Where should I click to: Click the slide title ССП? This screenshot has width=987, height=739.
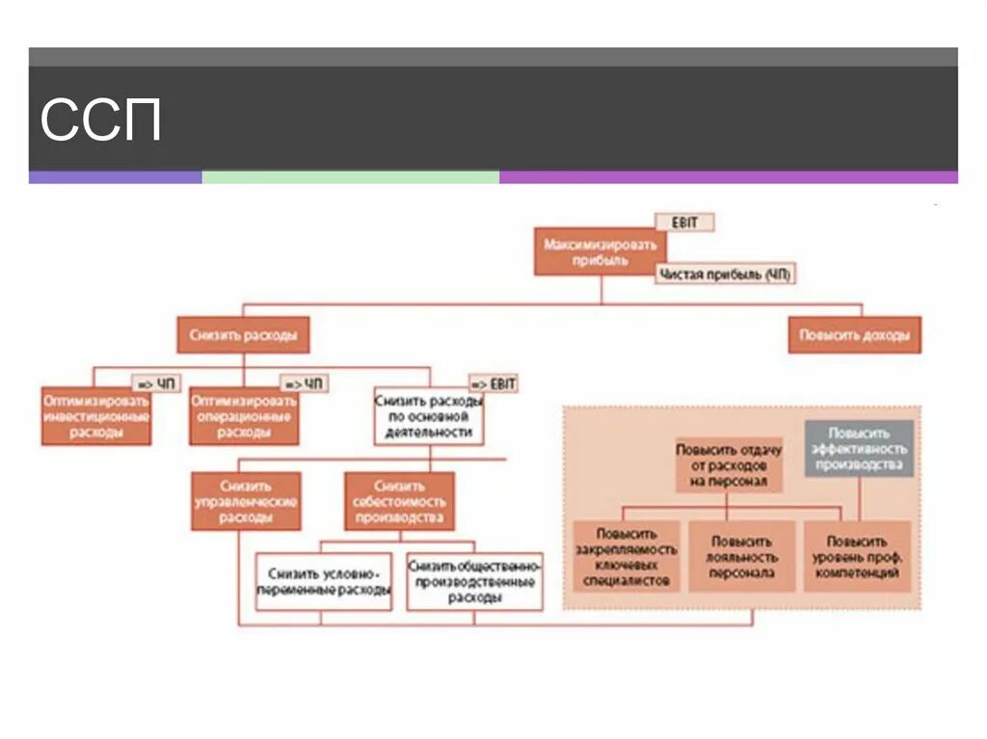100,120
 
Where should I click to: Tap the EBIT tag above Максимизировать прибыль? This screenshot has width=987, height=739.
685,224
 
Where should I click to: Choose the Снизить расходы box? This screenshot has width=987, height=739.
243,336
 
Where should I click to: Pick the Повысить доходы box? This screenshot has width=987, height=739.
854,336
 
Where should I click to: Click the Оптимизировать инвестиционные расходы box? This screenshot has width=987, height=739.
96,416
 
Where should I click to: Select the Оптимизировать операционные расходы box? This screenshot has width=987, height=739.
244,416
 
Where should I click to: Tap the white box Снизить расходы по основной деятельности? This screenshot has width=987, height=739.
429,416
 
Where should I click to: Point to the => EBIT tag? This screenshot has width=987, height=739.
493,383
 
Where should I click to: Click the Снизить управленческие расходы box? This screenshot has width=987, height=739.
246,501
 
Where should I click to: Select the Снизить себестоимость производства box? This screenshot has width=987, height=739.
399,501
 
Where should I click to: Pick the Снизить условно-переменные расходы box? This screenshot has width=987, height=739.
324,582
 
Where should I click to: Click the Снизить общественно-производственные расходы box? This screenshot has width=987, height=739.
474,582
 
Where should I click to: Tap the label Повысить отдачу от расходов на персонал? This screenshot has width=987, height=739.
729,464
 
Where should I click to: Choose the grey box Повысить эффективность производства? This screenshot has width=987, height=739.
860,449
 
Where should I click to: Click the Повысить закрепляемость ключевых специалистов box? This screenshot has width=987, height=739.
627,557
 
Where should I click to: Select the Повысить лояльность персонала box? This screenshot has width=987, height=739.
741,557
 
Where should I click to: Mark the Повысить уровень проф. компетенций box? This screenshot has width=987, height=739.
858,557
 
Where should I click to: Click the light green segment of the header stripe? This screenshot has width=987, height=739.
350,177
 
